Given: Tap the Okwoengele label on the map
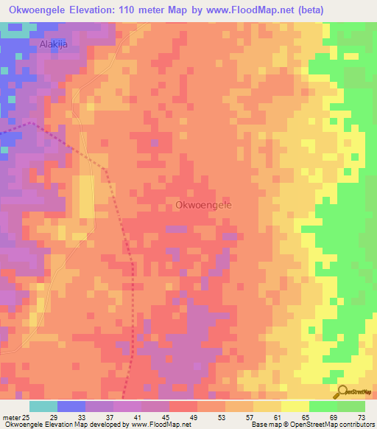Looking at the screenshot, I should [204, 206].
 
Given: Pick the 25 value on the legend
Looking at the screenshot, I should [26, 418].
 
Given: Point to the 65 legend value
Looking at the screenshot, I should [310, 418].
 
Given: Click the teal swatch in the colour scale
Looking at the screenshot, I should [43, 406].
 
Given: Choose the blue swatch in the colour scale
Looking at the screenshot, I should [71, 406].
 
